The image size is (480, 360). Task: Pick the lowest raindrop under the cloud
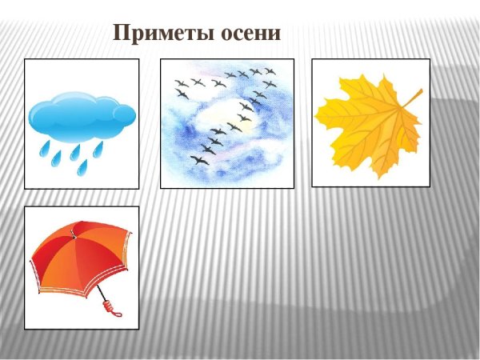click(x=82, y=166)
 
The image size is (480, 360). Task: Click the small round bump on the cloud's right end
click(x=125, y=116)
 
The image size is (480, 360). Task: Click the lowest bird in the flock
click(x=198, y=160)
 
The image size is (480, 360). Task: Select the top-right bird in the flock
click(x=270, y=72)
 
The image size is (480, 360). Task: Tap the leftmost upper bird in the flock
click(x=181, y=82)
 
